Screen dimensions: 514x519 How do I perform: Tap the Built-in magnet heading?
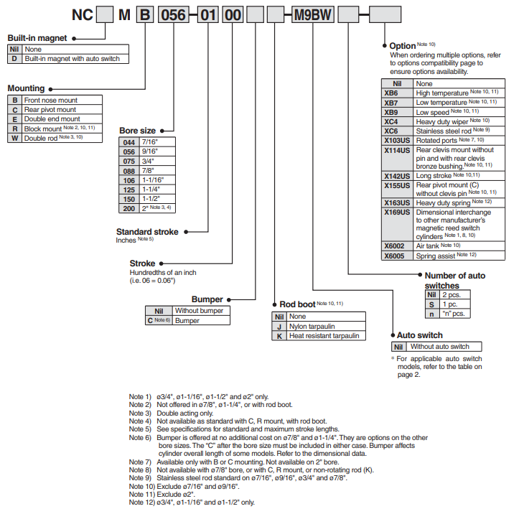pos(37,37)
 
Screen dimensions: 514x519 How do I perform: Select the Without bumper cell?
pos(197,311)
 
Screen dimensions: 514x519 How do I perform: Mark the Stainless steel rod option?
pos(442,131)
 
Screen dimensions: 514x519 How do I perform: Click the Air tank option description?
pos(438,246)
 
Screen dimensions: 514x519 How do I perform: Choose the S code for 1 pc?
pos(431,304)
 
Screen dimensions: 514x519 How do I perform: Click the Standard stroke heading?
pos(149,232)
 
